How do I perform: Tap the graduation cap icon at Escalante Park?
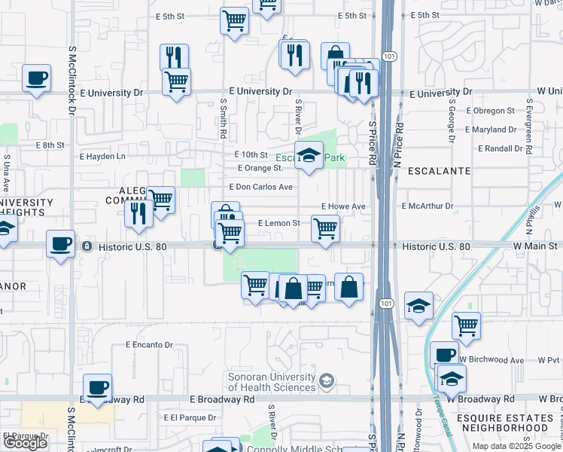[309, 156]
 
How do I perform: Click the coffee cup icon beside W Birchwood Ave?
[444, 355]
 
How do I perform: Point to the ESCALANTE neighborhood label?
[439, 171]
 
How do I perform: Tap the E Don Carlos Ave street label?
[260, 187]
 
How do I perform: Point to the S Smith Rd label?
[224, 121]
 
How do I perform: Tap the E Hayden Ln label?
[103, 157]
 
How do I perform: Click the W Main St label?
[535, 246]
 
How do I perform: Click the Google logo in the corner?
[25, 443]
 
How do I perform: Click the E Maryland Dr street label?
[491, 130]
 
